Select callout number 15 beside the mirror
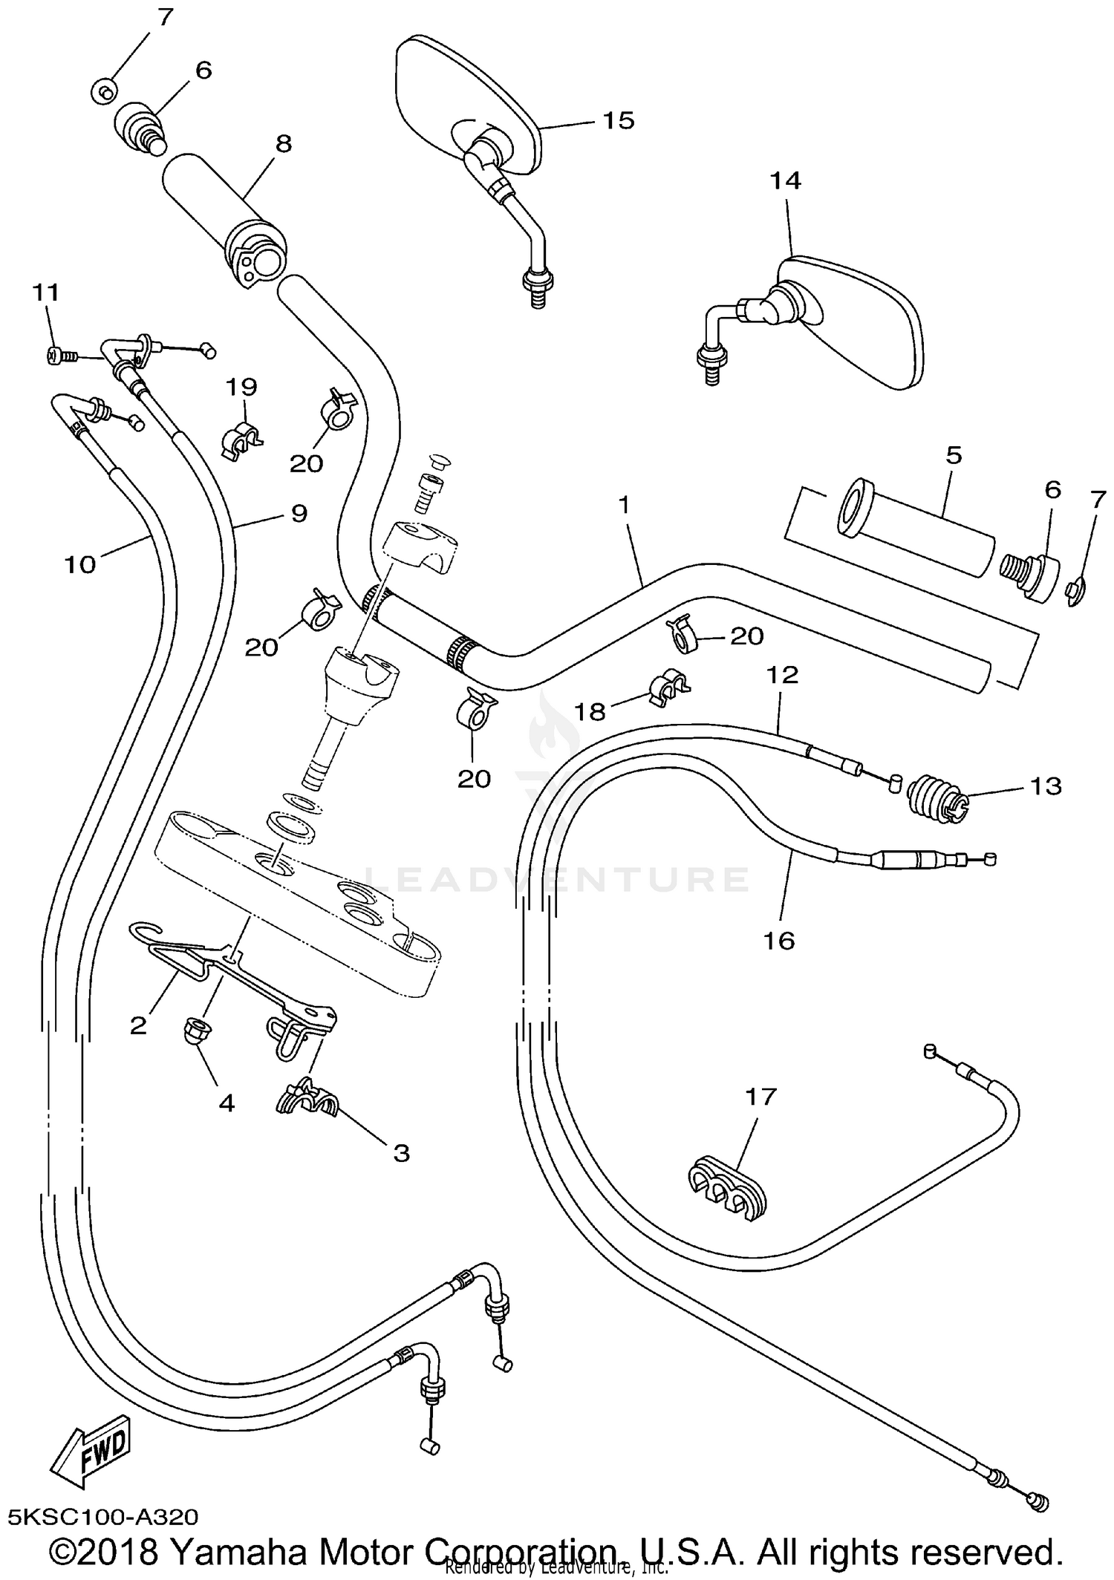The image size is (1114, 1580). pos(618,120)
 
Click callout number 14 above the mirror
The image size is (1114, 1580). pos(786,180)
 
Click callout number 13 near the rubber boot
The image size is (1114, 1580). pos(1046,786)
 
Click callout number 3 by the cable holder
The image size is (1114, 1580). pos(401,1153)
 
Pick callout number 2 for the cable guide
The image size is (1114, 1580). pos(139,1026)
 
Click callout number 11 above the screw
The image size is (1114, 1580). pos(45,293)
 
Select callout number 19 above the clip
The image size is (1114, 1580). pos(241,387)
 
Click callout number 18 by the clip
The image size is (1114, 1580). pos(590,712)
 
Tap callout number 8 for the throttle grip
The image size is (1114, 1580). pos(284,143)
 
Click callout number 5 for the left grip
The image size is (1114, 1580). pos(954,454)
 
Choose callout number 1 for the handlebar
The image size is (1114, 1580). pos(624,505)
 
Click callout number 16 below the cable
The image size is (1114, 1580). pos(779,941)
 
